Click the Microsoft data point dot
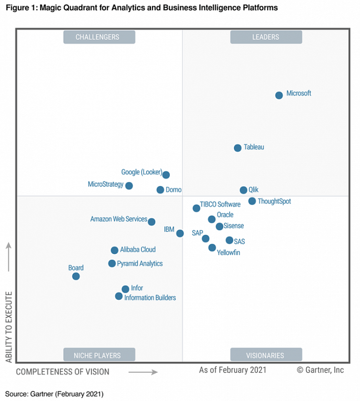pyautogui.click(x=279, y=95)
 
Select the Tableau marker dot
pyautogui.click(x=237, y=148)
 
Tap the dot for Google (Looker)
pyautogui.click(x=166, y=175)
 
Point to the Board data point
pyautogui.click(x=76, y=276)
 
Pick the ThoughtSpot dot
pyautogui.click(x=252, y=201)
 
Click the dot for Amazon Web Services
pyautogui.click(x=151, y=222)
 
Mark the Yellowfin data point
pyautogui.click(x=212, y=248)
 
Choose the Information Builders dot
pyautogui.click(x=119, y=296)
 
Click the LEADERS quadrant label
pyautogui.click(x=266, y=37)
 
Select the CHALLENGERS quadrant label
pyautogui.click(x=99, y=37)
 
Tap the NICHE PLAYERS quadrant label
pyautogui.click(x=99, y=355)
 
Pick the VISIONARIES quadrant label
pyautogui.click(x=266, y=355)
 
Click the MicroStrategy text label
pyautogui.click(x=106, y=184)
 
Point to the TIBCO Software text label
pyautogui.click(x=220, y=205)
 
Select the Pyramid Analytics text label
pyautogui.click(x=139, y=264)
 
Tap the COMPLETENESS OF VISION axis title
pyautogui.click(x=62, y=372)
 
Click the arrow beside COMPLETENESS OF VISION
pyautogui.click(x=143, y=372)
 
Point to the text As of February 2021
pyautogui.click(x=232, y=370)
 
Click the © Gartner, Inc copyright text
pyautogui.click(x=320, y=370)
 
